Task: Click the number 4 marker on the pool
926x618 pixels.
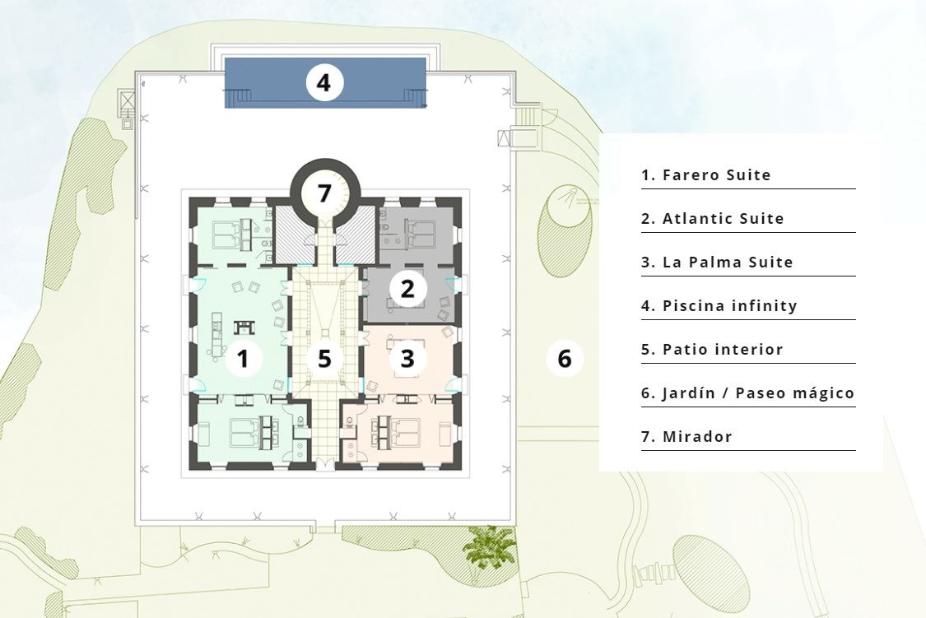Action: point(324,82)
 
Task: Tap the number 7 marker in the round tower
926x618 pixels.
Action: point(324,193)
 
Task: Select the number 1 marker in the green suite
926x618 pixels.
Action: point(243,358)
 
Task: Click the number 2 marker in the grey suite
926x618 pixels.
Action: point(407,289)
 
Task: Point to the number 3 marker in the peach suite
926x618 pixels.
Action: point(407,358)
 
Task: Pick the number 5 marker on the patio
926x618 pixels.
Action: point(324,358)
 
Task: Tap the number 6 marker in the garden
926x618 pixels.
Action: point(565,358)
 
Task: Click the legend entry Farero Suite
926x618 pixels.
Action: point(706,175)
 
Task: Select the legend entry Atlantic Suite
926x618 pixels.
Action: point(713,219)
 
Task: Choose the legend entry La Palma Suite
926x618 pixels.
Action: point(717,263)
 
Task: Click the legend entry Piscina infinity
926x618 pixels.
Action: point(719,306)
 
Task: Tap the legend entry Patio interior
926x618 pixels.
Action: point(712,350)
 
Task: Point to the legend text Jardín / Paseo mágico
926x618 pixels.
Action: point(748,393)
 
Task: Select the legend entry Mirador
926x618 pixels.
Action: point(686,438)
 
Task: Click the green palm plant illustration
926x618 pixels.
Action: point(490,546)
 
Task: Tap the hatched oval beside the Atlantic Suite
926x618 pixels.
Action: point(564,230)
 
